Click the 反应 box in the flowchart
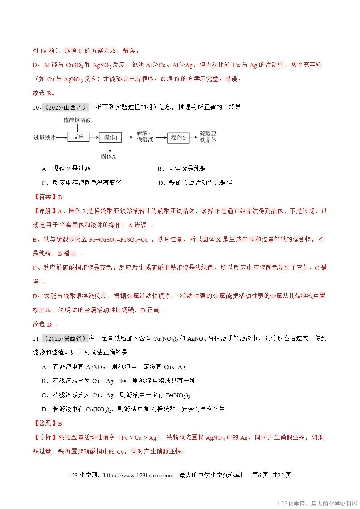click(78, 137)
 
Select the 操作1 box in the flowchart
click(110, 137)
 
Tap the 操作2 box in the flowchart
click(178, 138)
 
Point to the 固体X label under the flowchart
click(109, 156)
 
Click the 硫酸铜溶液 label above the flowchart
click(77, 120)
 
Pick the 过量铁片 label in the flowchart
click(45, 137)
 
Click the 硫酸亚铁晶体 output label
click(208, 137)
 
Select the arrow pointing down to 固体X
click(110, 147)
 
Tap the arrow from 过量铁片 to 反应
click(62, 137)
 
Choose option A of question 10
click(66, 168)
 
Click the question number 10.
click(36, 107)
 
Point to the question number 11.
click(36, 338)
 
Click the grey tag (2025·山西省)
click(66, 107)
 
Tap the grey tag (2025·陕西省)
click(66, 338)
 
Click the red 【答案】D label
click(48, 197)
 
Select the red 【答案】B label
click(48, 423)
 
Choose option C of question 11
click(116, 395)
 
